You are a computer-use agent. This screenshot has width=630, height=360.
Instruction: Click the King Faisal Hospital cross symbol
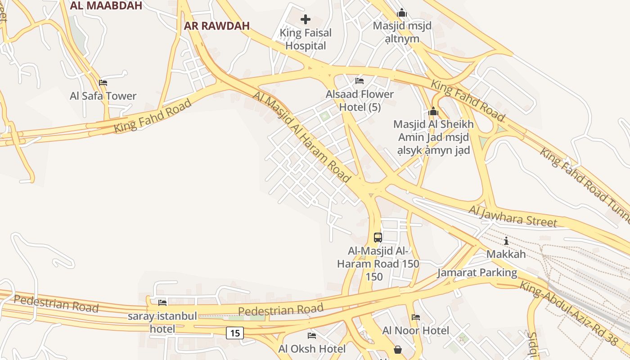click(306, 19)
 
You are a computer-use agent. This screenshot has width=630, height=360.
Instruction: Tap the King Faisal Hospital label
click(306, 39)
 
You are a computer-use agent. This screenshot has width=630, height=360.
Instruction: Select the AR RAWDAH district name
click(216, 26)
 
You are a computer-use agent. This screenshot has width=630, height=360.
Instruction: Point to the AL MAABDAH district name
click(106, 5)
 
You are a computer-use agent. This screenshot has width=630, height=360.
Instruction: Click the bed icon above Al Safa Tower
click(103, 83)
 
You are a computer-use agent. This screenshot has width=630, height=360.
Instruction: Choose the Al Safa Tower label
click(103, 96)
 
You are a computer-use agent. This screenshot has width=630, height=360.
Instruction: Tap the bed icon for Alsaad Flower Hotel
click(359, 81)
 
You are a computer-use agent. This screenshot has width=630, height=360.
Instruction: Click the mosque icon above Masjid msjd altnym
click(402, 13)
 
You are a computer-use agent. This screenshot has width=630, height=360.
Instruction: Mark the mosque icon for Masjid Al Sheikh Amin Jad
click(433, 111)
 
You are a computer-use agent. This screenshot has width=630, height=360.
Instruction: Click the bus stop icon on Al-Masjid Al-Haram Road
click(378, 237)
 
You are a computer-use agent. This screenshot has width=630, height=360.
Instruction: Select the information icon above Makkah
click(506, 240)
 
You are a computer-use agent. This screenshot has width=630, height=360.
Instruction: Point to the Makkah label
click(506, 254)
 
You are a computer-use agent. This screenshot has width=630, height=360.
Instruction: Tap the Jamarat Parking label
click(477, 273)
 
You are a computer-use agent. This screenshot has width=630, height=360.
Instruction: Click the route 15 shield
click(234, 333)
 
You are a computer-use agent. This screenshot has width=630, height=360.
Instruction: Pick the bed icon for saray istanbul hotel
click(162, 302)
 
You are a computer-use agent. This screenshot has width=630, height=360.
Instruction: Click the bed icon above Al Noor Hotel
click(415, 317)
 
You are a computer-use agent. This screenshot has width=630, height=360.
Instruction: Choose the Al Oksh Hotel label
click(312, 349)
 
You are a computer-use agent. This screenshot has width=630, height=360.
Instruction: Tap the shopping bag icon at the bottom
click(398, 349)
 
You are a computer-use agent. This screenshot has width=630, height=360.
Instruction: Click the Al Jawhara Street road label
click(513, 216)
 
